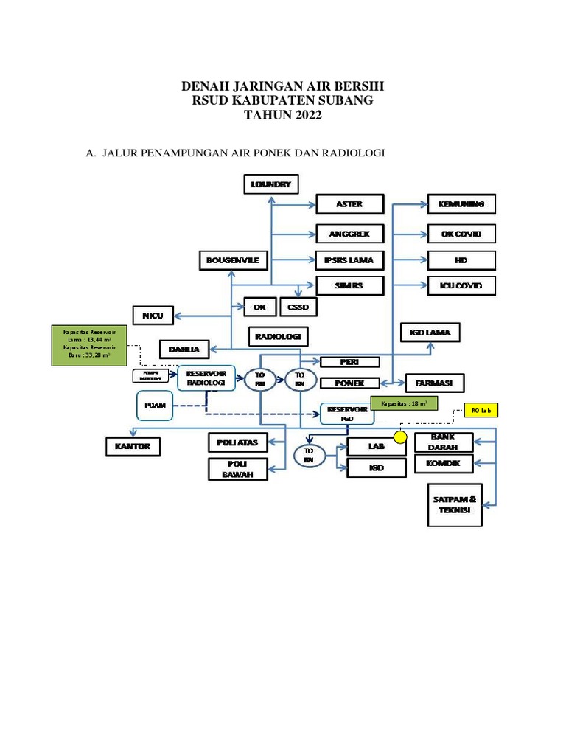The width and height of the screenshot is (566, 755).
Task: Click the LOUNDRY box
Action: tap(271, 184)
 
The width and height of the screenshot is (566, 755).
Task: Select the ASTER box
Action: tap(349, 204)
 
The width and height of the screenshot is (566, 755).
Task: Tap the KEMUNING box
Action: tap(462, 204)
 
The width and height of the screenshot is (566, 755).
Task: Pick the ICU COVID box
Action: tap(462, 286)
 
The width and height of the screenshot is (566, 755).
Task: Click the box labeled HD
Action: tap(462, 260)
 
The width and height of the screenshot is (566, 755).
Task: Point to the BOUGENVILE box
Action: tap(233, 260)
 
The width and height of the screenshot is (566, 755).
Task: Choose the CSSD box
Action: tap(298, 307)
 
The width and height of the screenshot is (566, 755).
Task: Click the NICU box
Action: tap(153, 316)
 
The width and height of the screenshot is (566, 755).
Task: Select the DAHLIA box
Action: tap(184, 349)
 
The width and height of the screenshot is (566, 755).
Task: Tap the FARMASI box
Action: tap(439, 383)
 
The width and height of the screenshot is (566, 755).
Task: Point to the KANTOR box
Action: tap(133, 446)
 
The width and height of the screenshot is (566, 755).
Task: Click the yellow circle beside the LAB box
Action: tap(400, 437)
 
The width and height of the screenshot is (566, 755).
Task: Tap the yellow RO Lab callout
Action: tap(481, 411)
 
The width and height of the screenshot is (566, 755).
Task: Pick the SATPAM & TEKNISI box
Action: tap(455, 505)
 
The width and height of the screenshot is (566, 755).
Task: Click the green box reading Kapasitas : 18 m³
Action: tap(405, 403)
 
